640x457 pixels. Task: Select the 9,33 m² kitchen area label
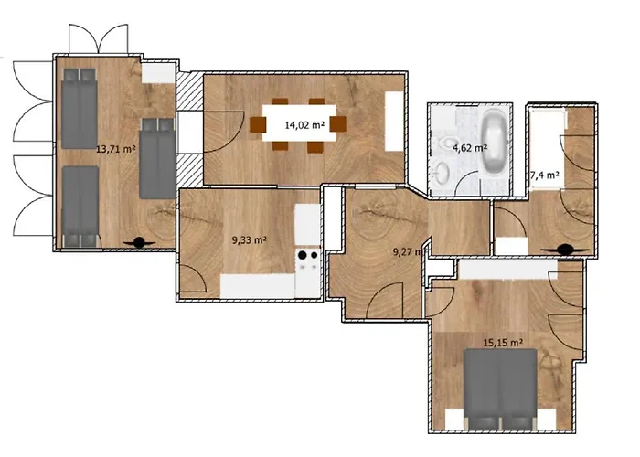(249, 240)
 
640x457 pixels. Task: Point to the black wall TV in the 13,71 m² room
(142, 241)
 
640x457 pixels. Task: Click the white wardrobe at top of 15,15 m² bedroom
(507, 270)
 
